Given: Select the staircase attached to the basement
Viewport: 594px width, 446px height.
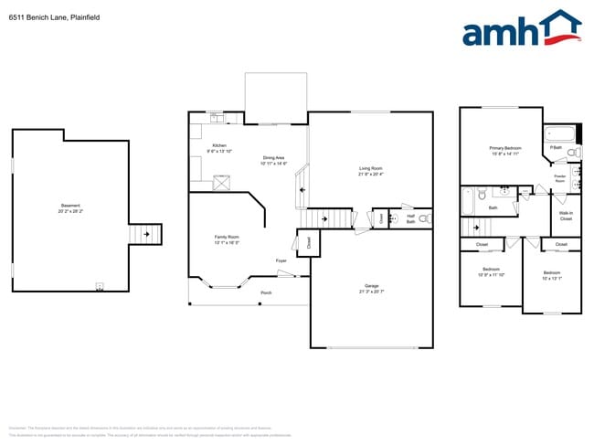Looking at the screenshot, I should click(x=144, y=235).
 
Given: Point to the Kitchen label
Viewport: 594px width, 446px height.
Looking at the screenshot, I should click(x=219, y=146).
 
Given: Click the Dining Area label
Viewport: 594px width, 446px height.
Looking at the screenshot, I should click(x=274, y=157).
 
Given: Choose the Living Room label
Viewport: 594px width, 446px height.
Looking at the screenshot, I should click(x=370, y=168).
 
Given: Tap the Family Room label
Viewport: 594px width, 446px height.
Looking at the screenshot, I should click(x=227, y=238).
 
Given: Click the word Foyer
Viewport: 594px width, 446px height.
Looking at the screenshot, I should click(x=281, y=260).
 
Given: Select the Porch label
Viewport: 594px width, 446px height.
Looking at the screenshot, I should click(x=266, y=293).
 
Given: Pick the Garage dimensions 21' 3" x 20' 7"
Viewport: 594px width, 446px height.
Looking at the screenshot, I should click(x=371, y=291).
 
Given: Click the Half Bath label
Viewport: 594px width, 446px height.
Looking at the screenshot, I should click(x=411, y=219).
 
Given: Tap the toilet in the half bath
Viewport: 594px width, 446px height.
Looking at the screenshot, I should click(x=425, y=219).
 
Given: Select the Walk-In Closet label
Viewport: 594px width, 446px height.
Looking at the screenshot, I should click(x=566, y=217).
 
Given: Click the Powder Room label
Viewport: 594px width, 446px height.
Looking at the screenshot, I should click(x=560, y=177).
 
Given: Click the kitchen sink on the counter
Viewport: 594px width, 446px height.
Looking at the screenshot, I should click(x=217, y=118).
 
